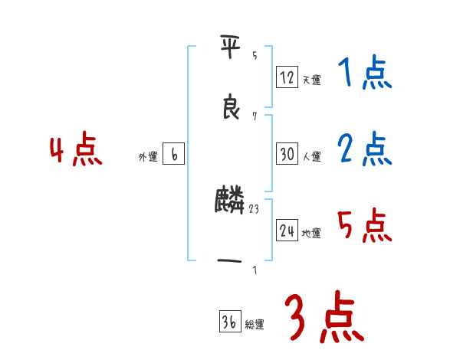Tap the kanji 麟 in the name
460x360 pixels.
[x=230, y=201]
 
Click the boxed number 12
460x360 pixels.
[x=287, y=77]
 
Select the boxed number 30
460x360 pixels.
[x=287, y=154]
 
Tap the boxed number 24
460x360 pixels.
[x=287, y=231]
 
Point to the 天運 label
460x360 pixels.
[x=311, y=80]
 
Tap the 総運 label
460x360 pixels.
[x=255, y=325]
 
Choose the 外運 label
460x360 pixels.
[x=148, y=157]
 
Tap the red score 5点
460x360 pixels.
[x=365, y=226]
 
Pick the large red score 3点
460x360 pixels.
[x=324, y=317]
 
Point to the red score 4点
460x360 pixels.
[x=76, y=151]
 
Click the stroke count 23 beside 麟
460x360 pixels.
[x=255, y=207]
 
